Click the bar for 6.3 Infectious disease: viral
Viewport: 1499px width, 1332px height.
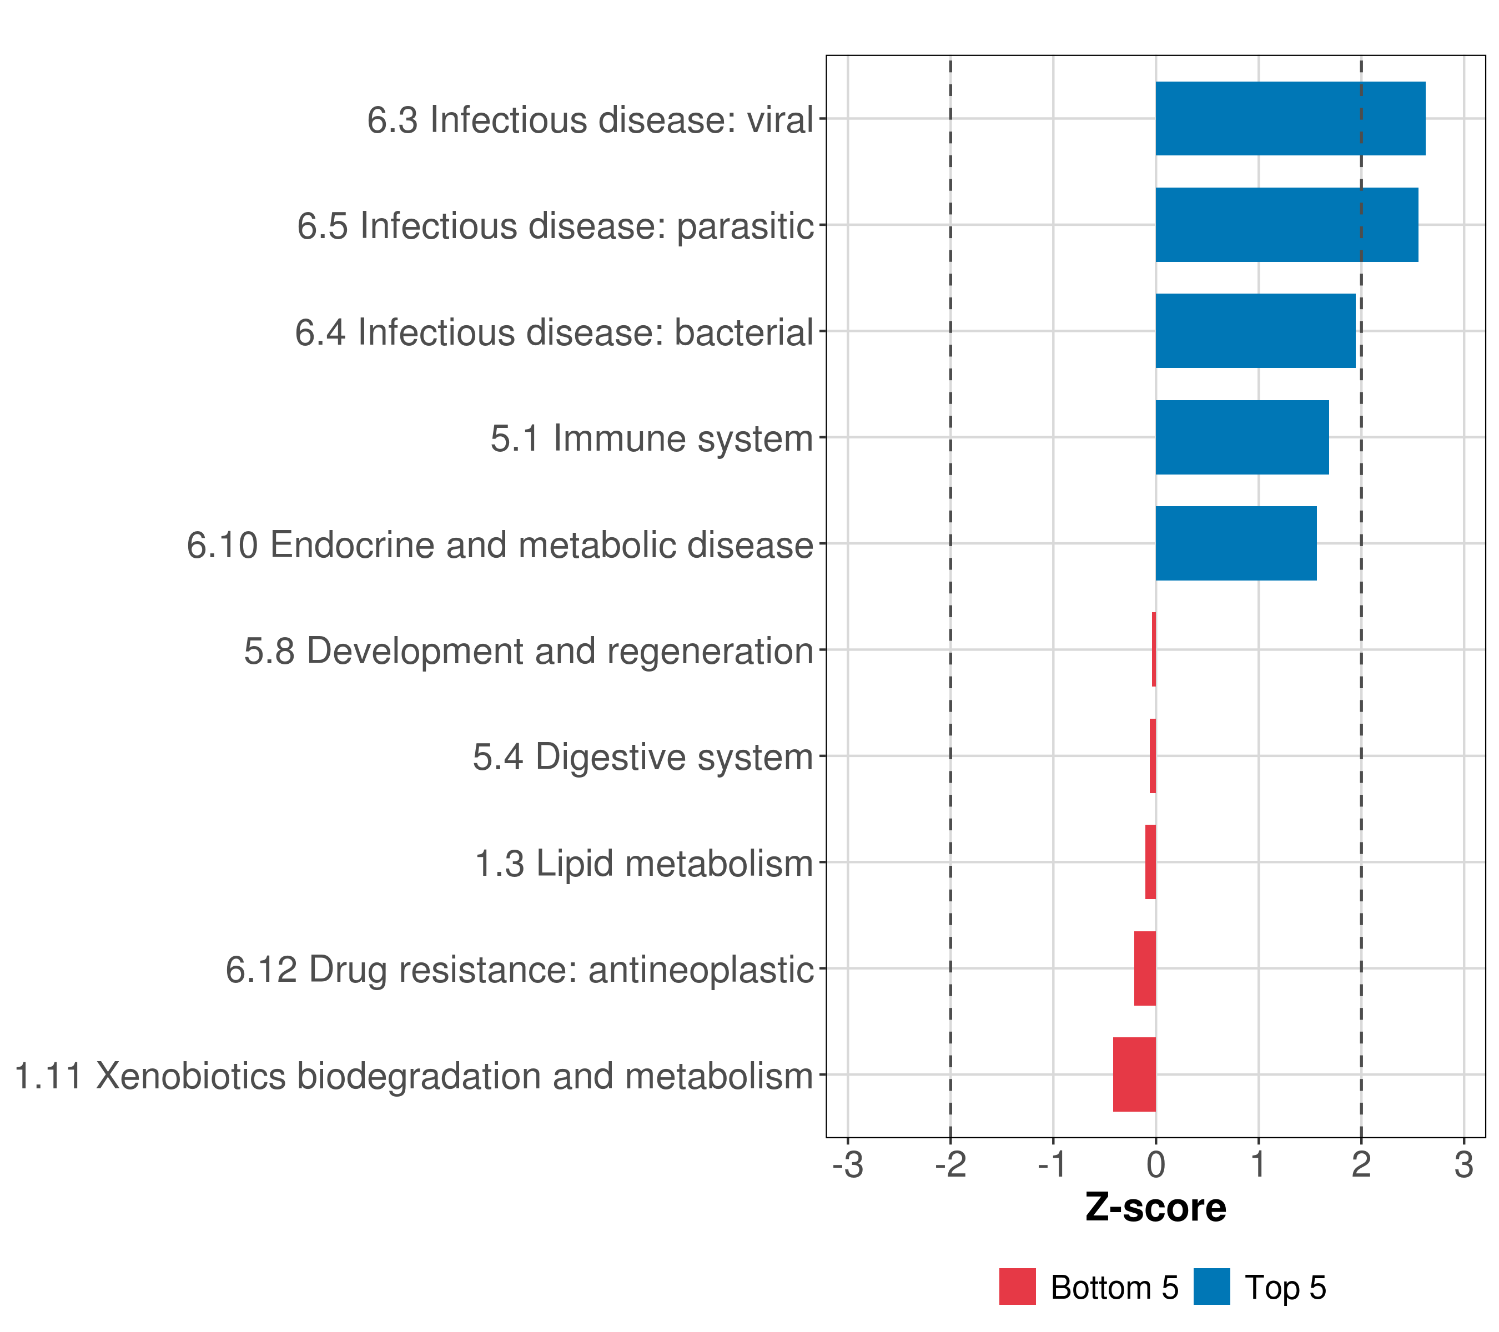point(1290,119)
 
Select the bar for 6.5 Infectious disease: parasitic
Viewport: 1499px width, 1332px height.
point(1286,225)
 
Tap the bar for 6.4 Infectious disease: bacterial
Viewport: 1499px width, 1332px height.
point(1255,331)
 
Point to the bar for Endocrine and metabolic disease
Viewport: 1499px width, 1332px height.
point(1236,544)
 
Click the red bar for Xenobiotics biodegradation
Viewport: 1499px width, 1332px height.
point(1134,1074)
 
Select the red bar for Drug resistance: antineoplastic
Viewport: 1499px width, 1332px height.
point(1145,968)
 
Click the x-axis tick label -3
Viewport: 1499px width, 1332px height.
point(848,1165)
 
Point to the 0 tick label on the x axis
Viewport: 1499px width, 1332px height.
point(1156,1165)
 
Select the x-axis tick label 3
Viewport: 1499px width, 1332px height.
point(1464,1165)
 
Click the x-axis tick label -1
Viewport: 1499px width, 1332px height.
point(1053,1165)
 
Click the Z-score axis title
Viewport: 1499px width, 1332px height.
point(1156,1208)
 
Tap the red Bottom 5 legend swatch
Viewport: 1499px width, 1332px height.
point(1017,1286)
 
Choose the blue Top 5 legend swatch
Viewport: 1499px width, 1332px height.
point(1211,1286)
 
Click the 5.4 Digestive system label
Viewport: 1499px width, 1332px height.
point(642,757)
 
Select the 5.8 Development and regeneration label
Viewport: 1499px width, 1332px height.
point(528,651)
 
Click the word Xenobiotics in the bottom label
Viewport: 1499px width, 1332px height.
point(192,1076)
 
